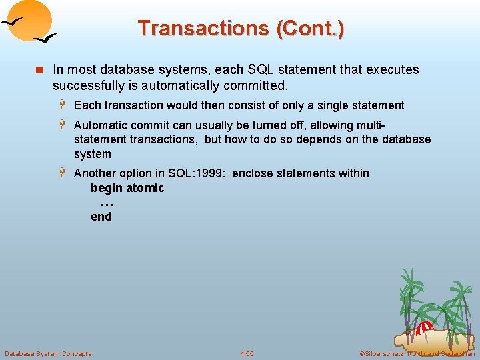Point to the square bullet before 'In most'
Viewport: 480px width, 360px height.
coord(39,70)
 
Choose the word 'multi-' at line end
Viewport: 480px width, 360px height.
coord(372,125)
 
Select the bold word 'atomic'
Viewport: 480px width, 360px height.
coord(145,188)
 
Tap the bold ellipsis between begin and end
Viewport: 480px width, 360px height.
coord(106,203)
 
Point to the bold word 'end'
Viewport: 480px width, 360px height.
coord(101,217)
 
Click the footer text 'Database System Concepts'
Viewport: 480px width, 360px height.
coord(48,353)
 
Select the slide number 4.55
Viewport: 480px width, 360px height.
coord(247,353)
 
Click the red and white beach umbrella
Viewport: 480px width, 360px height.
coord(425,328)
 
